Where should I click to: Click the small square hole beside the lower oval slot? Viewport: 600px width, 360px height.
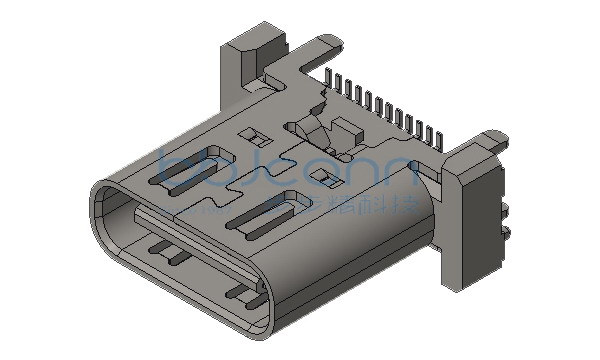pyautogui.click(x=322, y=177)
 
